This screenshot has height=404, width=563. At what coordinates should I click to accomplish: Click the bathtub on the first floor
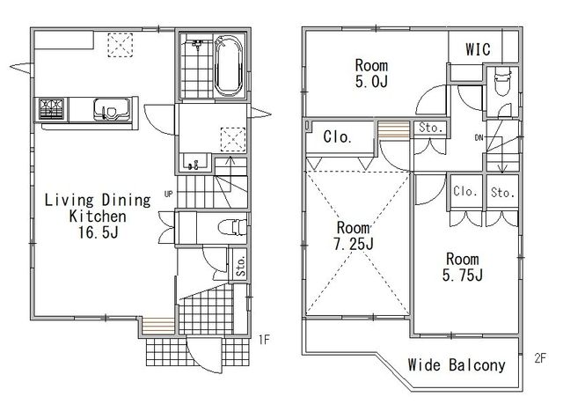click(229, 66)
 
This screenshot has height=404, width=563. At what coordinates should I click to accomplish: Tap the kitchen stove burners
click(52, 109)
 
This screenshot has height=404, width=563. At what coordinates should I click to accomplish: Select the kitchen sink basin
click(112, 109)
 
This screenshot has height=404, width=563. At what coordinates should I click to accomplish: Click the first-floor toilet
click(232, 227)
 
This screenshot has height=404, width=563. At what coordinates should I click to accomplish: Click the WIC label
click(478, 49)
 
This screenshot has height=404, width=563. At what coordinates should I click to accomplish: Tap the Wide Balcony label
click(457, 365)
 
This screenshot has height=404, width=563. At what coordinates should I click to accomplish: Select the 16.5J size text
click(98, 232)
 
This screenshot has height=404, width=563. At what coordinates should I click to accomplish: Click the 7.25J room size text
click(354, 244)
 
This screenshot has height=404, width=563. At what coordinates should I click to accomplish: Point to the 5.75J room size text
click(463, 275)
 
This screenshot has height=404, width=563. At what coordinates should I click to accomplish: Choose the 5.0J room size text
click(371, 82)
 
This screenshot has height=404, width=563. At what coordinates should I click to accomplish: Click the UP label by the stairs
click(168, 194)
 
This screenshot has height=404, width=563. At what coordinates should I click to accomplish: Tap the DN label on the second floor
click(479, 137)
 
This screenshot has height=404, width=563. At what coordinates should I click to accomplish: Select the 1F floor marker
click(264, 340)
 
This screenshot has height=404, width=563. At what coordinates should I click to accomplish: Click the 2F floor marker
click(540, 358)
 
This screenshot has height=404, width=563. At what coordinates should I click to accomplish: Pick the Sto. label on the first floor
click(241, 266)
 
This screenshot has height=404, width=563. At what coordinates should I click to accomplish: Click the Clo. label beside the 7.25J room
click(337, 136)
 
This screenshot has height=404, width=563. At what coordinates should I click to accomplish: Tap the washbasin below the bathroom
click(195, 162)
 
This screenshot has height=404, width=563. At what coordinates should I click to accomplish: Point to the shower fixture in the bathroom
click(197, 45)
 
